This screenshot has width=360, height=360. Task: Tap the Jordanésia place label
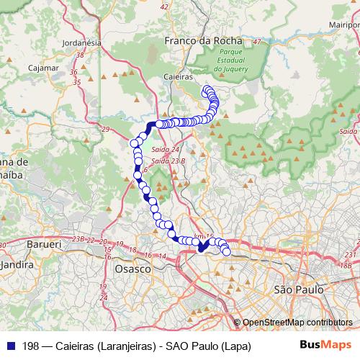(80, 42)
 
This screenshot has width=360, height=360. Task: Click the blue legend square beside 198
(9, 346)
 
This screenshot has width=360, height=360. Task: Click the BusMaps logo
(321, 346)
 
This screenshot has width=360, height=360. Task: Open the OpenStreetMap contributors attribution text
(297, 323)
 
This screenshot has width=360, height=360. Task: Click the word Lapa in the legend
(235, 346)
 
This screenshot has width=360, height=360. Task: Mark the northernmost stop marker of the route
(207, 90)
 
